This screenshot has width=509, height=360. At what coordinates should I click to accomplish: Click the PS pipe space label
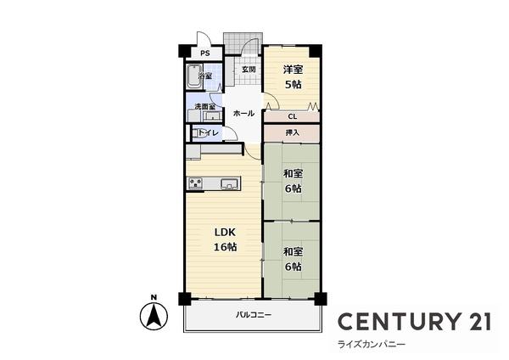[204, 53]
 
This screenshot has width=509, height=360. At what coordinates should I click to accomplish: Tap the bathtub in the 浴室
[193, 76]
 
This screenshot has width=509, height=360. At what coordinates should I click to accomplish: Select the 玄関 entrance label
[249, 70]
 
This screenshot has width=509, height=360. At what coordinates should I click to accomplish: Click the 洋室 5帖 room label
[293, 77]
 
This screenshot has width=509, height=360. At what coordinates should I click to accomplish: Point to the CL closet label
[293, 116]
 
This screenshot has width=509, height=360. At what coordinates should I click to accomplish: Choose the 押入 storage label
[292, 132]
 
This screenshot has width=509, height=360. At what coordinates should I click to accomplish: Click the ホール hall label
[243, 114]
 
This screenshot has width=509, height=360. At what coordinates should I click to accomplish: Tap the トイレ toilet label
[208, 133]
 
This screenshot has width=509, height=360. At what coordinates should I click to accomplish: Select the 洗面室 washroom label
[204, 106]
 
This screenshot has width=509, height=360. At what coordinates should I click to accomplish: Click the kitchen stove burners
[195, 183]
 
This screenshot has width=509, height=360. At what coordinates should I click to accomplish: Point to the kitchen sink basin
[228, 184]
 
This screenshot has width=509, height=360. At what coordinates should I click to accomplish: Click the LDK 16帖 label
[225, 239]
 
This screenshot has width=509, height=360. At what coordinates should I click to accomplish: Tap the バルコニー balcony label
[254, 315]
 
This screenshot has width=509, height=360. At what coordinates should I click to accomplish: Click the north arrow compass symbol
[154, 316]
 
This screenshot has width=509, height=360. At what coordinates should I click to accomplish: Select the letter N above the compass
[154, 297]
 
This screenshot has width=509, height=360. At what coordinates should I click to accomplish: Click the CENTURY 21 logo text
[415, 321]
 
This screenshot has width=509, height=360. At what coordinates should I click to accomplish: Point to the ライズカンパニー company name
[372, 345]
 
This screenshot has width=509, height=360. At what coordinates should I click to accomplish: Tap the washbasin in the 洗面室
[213, 115]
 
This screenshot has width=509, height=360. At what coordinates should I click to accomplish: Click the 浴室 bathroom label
[205, 76]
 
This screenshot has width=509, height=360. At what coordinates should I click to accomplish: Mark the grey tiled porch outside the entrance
[243, 43]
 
